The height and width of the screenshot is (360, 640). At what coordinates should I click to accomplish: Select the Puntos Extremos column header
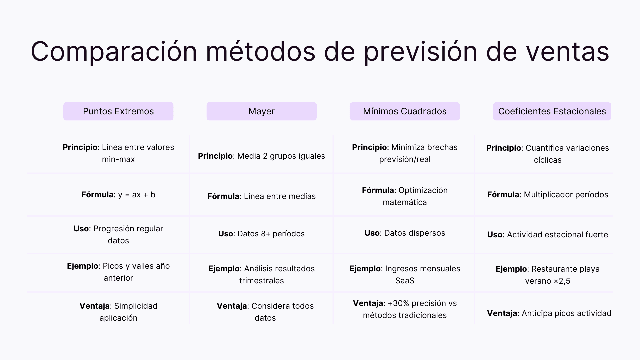click(x=118, y=111)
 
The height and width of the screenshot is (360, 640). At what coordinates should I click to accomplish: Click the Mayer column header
click(x=261, y=111)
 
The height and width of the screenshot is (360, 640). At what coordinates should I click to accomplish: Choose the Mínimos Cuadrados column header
click(x=405, y=111)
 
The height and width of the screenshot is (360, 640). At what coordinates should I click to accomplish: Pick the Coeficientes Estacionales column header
click(x=552, y=111)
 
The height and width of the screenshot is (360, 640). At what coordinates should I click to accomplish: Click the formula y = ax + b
click(x=137, y=195)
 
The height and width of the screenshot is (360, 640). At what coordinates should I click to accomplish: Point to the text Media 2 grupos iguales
click(x=281, y=156)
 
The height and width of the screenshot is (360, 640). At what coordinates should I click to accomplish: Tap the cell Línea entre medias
click(x=280, y=196)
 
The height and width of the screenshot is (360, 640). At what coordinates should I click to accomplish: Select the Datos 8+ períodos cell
click(x=271, y=234)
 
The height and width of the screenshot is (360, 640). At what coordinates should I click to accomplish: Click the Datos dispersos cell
click(x=414, y=233)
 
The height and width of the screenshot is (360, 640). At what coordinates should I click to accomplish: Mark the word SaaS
click(x=405, y=281)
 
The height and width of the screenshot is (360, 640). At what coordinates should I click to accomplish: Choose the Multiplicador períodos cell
click(x=566, y=195)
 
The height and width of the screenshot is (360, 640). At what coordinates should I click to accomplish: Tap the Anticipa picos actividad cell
click(x=566, y=313)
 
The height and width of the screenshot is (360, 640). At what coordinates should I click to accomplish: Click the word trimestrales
click(x=261, y=281)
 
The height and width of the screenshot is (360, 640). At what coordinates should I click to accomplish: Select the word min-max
click(x=118, y=159)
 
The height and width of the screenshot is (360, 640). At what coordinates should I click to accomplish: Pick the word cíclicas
click(x=548, y=160)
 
